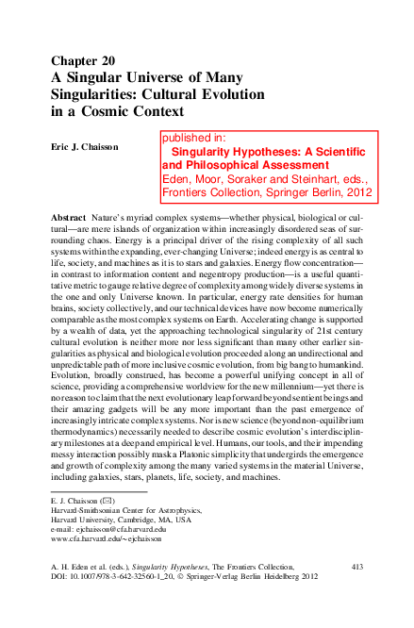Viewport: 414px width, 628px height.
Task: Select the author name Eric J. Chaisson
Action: pos(90,148)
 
